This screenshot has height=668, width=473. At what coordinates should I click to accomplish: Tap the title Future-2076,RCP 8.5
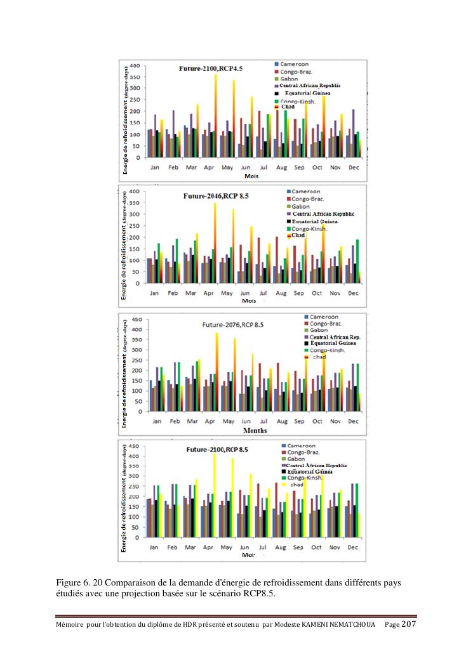click(232, 325)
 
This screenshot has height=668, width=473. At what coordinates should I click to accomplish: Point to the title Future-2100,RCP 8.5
click(217, 450)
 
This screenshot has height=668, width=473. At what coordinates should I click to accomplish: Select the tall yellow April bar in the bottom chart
click(215, 495)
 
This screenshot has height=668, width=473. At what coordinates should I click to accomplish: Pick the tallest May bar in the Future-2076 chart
click(234, 374)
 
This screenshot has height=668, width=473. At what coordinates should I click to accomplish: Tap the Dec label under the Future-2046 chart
click(352, 294)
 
